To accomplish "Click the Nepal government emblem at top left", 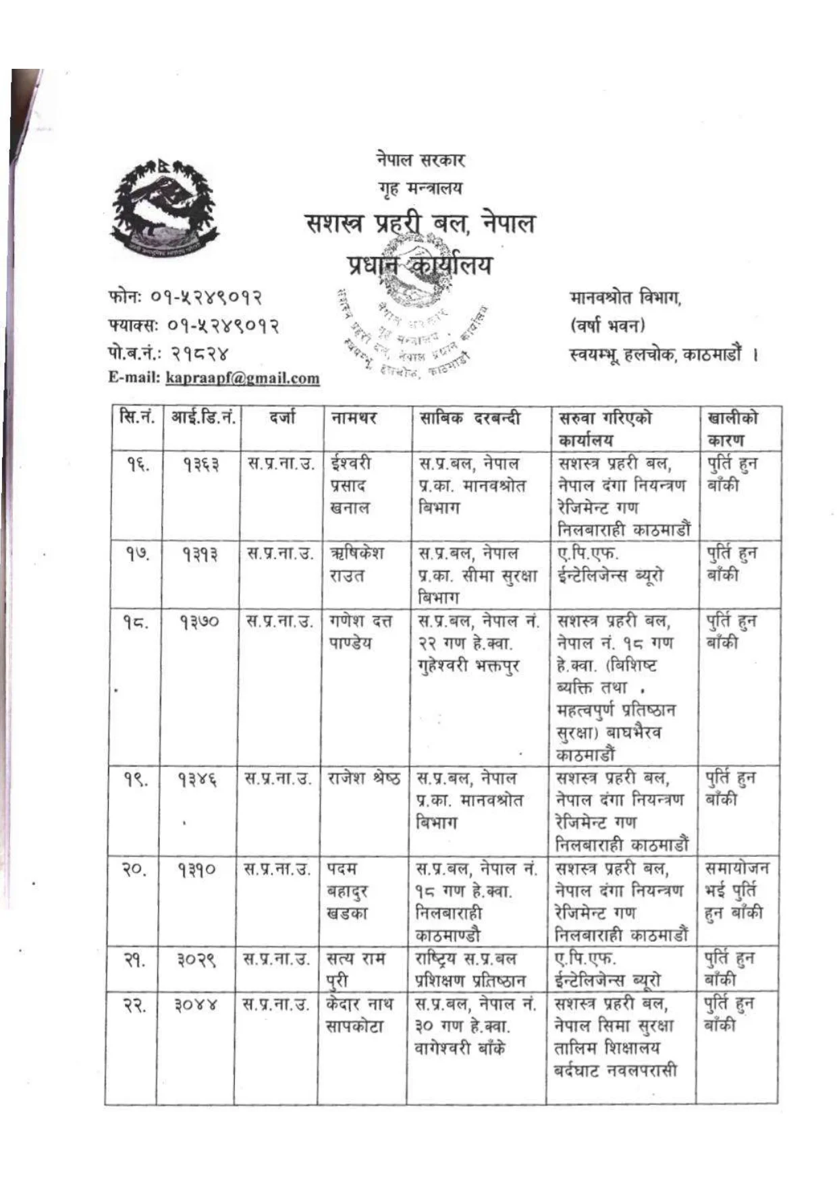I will click(165, 207).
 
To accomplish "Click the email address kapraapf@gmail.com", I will click(242, 378).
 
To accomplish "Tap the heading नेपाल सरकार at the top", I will click(420, 160).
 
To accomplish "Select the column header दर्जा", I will click(281, 418).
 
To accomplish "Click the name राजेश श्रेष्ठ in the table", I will click(364, 778).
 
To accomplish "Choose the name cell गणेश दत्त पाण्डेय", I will click(360, 631).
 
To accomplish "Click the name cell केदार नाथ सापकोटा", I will click(359, 1015).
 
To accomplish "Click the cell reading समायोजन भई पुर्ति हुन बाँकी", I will click(736, 890).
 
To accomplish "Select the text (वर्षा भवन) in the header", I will click(607, 325).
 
